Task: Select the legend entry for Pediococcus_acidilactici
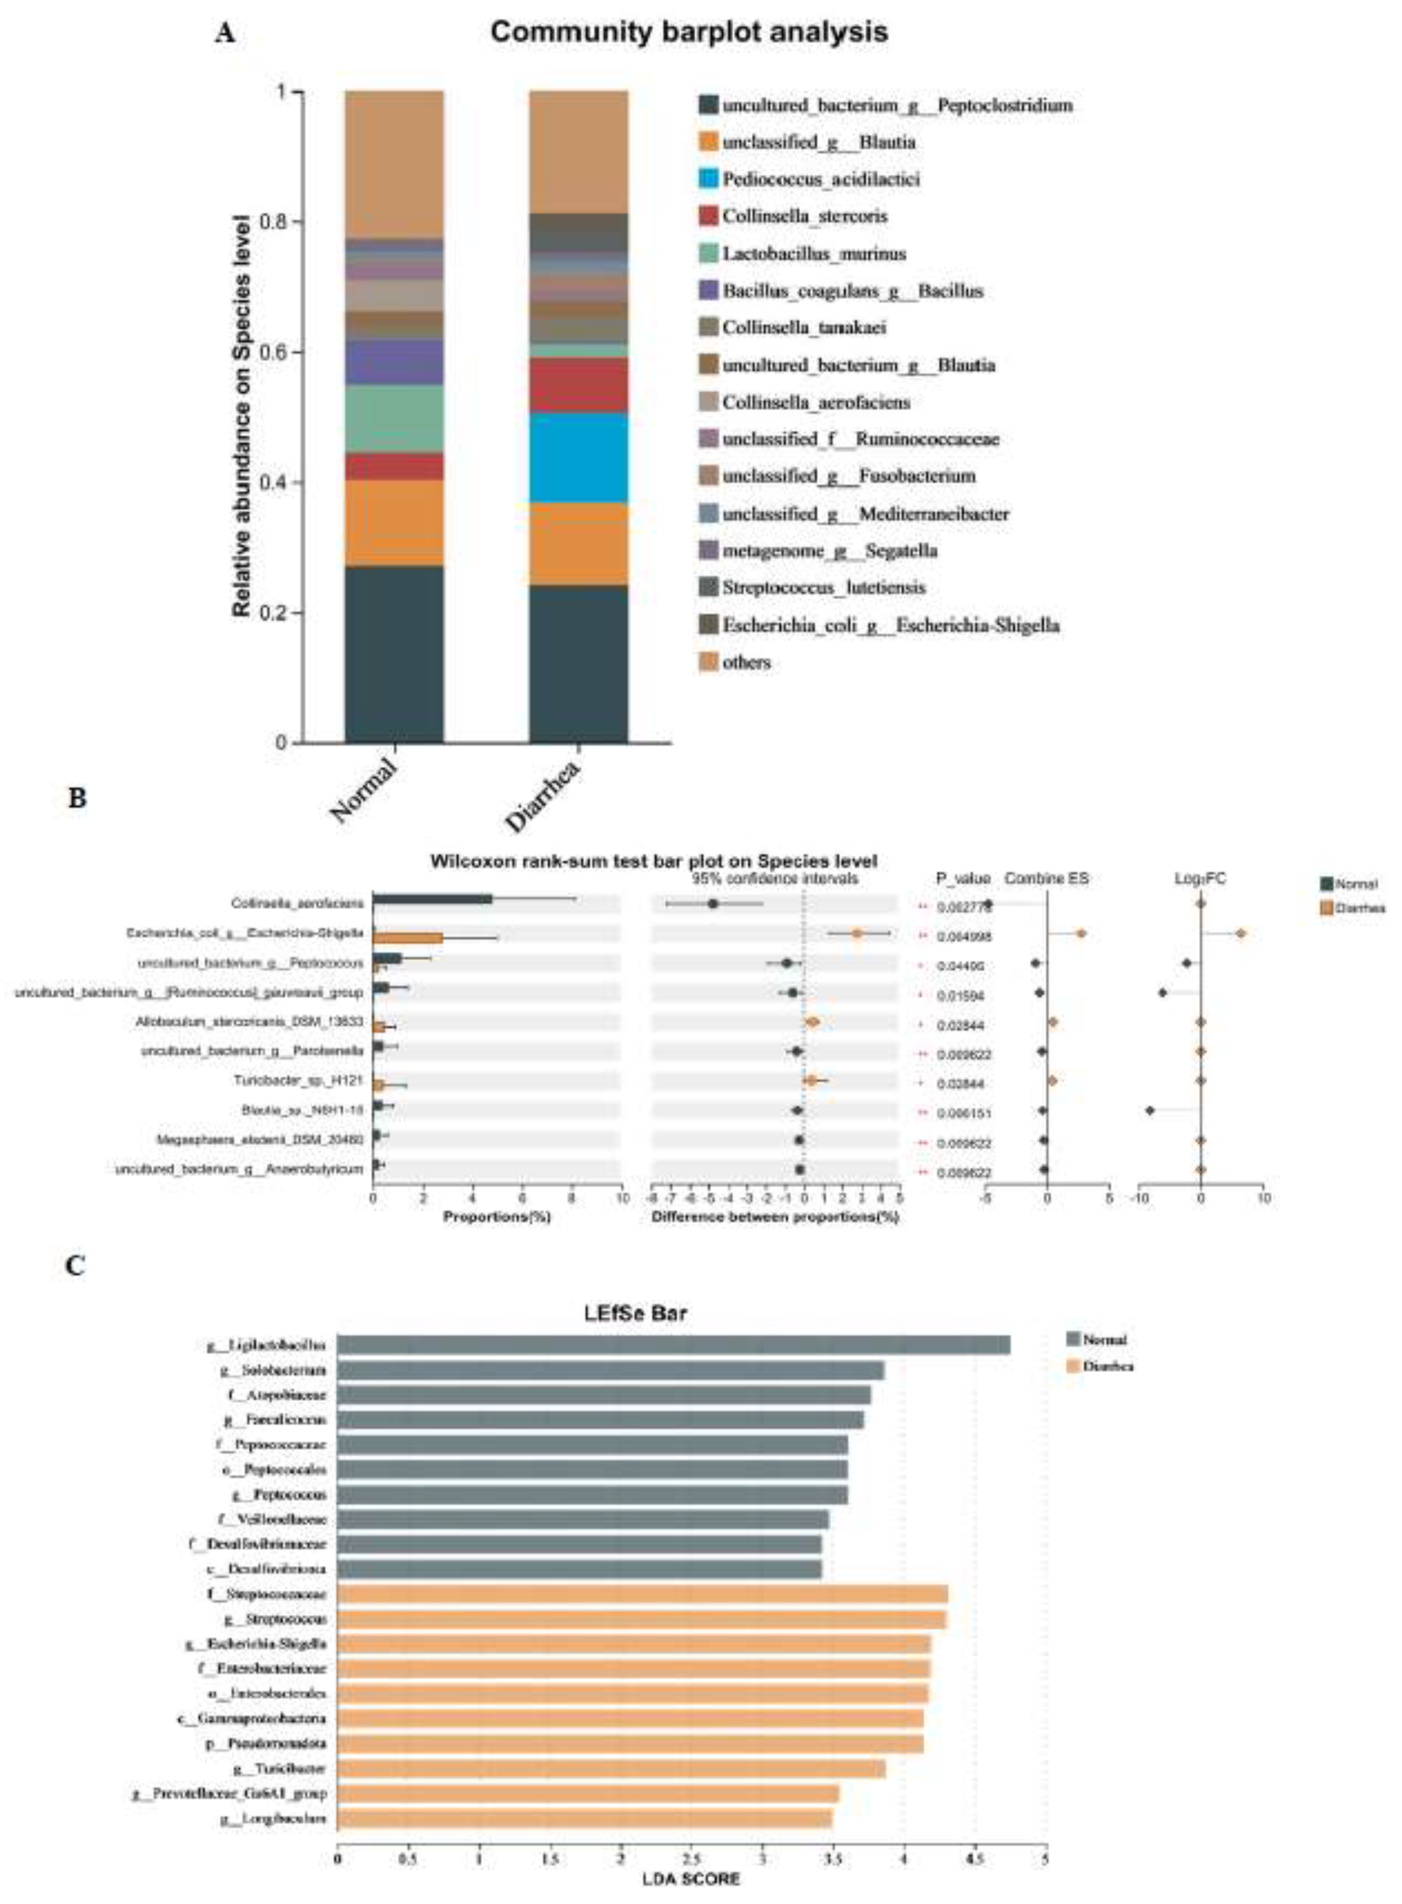coord(820,179)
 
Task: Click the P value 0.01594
coord(961,995)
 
